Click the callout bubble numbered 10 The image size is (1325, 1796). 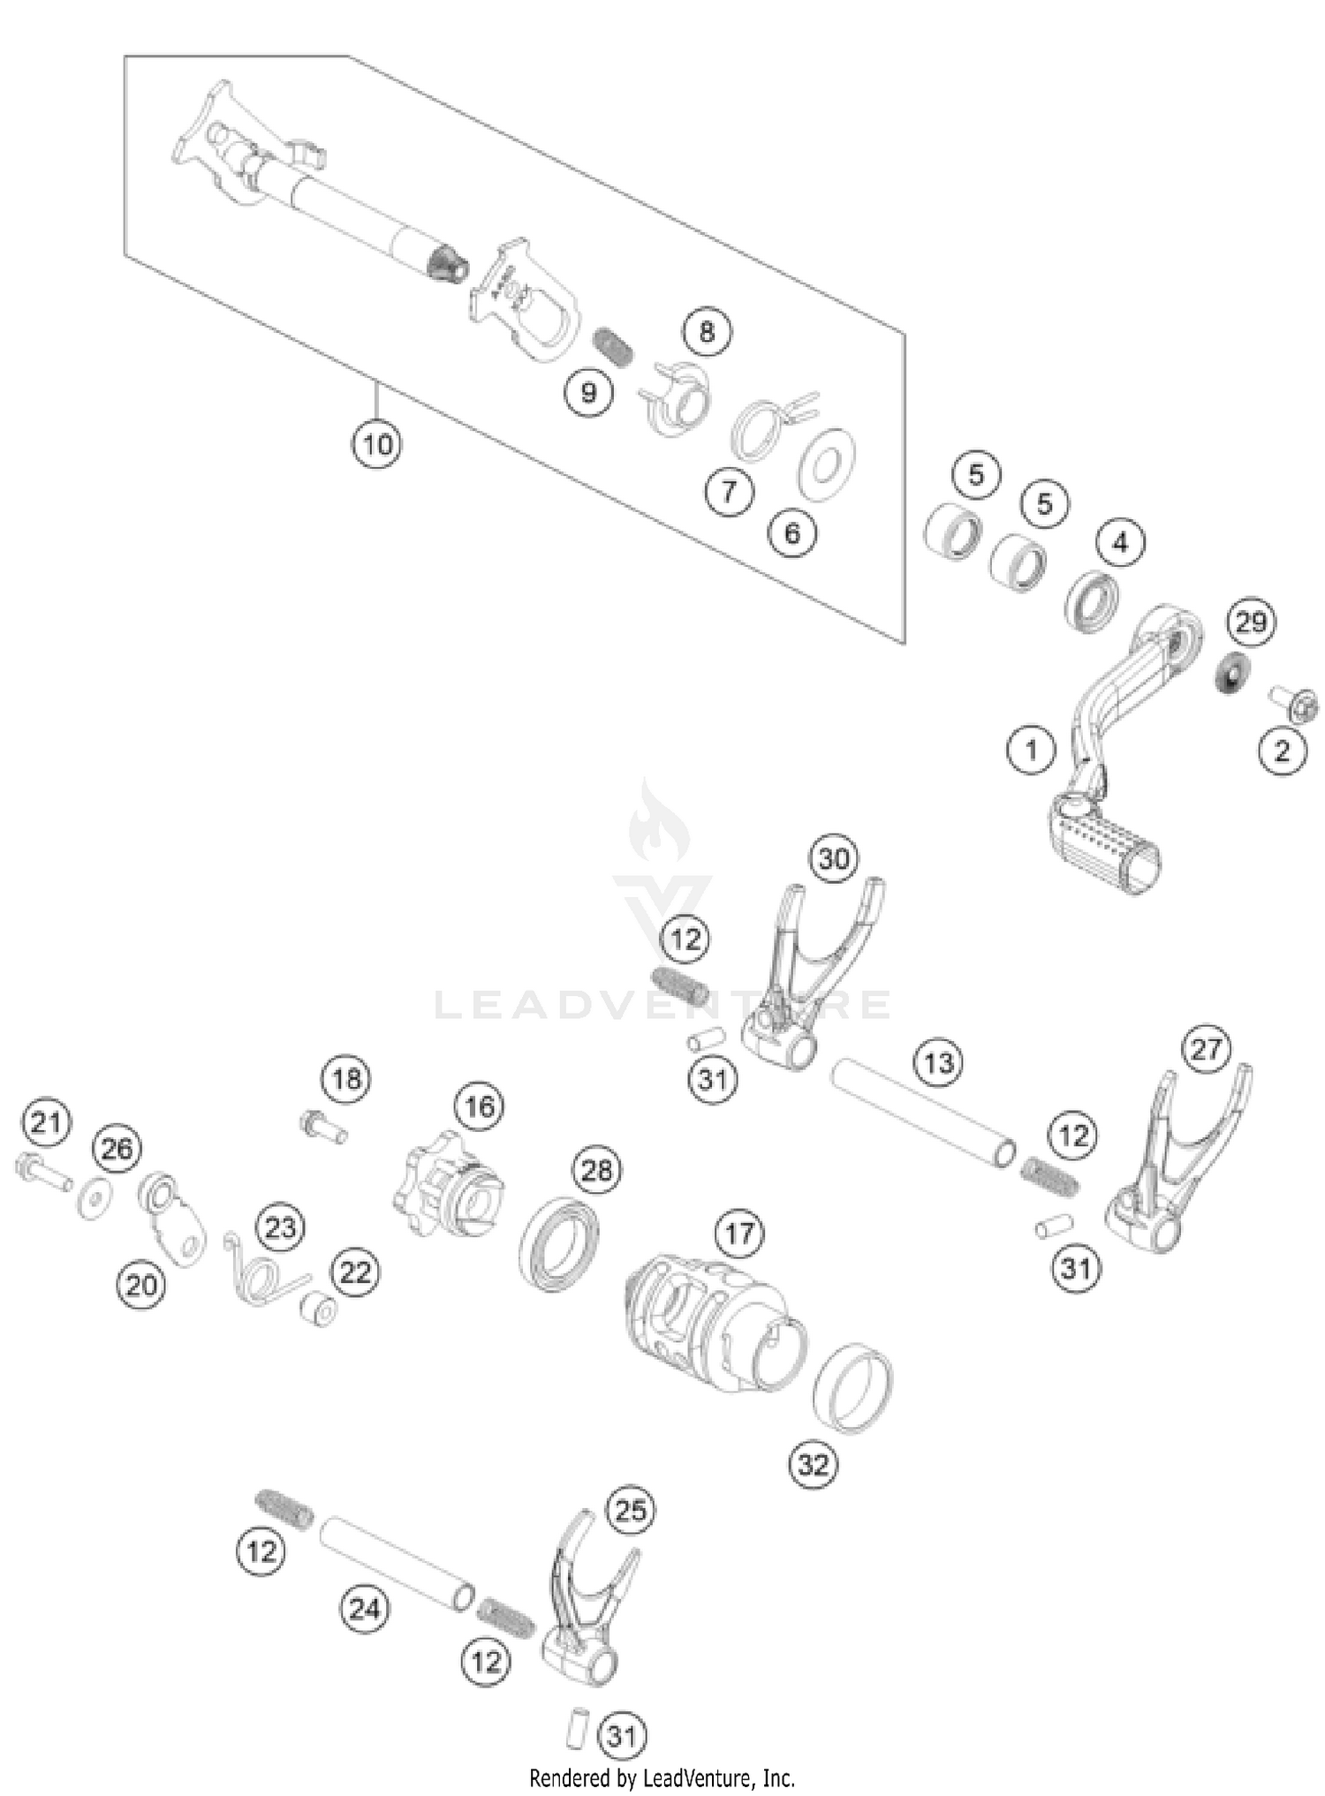[377, 443]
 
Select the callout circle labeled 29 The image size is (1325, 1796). [1251, 623]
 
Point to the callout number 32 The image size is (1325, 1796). [814, 1465]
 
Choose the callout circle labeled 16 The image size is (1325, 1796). [480, 1106]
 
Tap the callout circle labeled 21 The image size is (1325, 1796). [46, 1123]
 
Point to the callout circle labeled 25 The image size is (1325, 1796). [631, 1510]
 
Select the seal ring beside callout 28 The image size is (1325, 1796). [558, 1243]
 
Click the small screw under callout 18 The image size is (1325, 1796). [322, 1127]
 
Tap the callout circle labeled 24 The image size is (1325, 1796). [364, 1609]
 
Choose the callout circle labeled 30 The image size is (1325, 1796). [834, 859]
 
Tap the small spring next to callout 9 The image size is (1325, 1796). [611, 346]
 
